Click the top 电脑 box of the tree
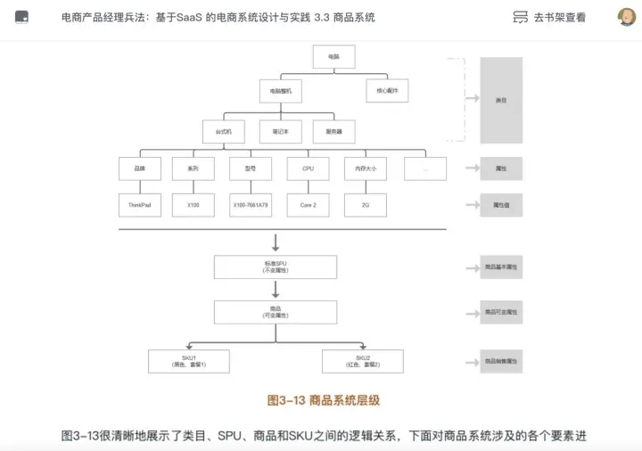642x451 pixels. click(333, 57)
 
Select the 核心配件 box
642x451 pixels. click(388, 91)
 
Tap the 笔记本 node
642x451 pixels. click(280, 130)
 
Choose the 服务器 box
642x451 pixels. click(333, 130)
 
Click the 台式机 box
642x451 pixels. click(224, 130)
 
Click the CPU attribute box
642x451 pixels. click(309, 168)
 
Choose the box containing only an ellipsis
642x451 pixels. click(425, 168)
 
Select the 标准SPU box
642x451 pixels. click(276, 266)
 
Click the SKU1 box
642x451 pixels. click(188, 361)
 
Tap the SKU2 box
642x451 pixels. click(363, 361)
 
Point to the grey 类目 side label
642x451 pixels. click(501, 101)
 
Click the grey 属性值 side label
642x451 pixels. click(501, 205)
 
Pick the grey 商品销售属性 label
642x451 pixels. click(501, 361)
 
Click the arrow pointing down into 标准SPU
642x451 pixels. click(276, 242)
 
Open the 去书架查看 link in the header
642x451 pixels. click(550, 17)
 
